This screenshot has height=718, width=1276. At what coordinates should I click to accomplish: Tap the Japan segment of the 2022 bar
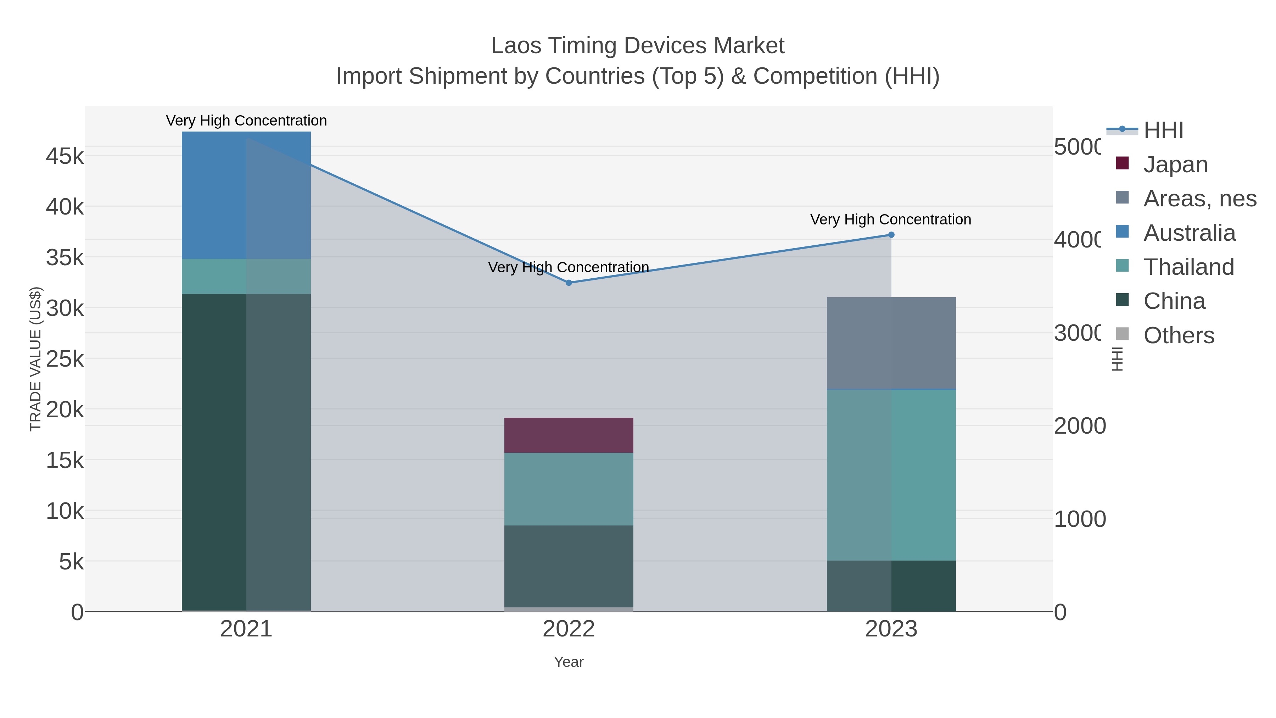569,435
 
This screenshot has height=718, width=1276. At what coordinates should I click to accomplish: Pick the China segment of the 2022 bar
569,566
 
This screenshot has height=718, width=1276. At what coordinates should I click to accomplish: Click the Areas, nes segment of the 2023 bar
891,343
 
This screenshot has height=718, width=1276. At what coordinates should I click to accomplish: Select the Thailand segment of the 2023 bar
891,475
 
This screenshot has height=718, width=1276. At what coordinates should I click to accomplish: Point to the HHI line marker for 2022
569,283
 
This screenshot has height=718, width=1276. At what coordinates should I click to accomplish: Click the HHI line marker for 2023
891,235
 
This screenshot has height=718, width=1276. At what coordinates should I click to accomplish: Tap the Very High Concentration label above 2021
246,121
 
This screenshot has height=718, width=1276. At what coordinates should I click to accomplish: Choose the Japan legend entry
1175,165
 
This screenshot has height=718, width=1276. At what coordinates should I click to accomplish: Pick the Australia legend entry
1189,233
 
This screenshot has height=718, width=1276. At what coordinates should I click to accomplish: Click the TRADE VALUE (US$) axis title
36,359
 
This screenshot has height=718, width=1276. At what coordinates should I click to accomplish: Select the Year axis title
569,662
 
